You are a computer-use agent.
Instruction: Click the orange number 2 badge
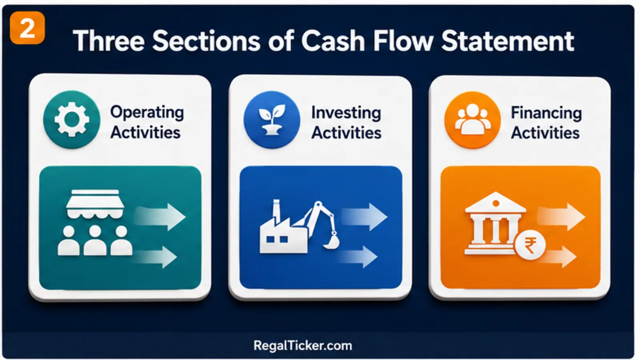[x=28, y=28]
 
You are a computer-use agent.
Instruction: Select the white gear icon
[x=72, y=120]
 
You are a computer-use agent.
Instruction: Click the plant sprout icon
[x=272, y=120]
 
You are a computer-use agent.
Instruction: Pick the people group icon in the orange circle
[x=473, y=119]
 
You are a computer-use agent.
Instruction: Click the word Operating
[x=147, y=113]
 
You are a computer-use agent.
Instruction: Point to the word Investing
[x=346, y=113]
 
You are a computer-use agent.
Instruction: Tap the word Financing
[x=546, y=113]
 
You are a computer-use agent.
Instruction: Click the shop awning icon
[x=95, y=204]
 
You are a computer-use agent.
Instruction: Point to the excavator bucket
[x=332, y=242]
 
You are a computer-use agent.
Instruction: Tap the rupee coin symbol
[x=530, y=245]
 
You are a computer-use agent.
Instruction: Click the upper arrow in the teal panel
[x=160, y=216]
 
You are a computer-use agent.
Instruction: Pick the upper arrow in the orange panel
[x=561, y=216]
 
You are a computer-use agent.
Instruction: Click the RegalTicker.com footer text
[x=303, y=346]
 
